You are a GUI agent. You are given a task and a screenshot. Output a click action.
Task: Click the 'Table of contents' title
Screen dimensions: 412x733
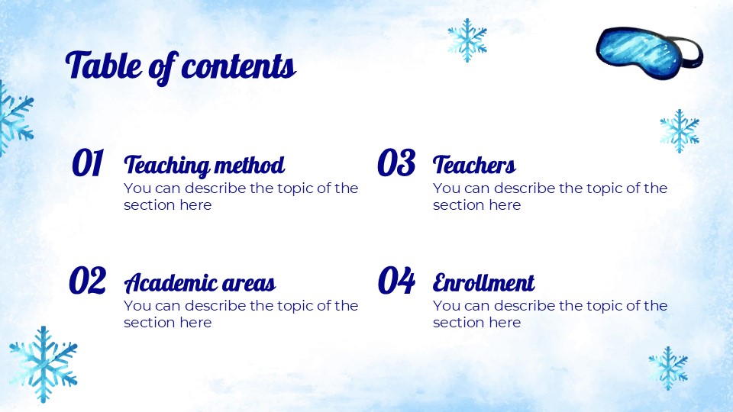[x=181, y=66]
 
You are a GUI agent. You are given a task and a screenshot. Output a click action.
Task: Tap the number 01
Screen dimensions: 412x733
[x=88, y=163]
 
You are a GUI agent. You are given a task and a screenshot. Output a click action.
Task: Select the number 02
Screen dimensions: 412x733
[x=88, y=282]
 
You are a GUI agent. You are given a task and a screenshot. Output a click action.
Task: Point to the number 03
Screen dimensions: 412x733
[x=396, y=163]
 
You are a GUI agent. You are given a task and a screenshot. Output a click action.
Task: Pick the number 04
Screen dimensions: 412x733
[x=396, y=282]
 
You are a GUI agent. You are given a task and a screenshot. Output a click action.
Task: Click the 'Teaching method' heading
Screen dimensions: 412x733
[x=204, y=165]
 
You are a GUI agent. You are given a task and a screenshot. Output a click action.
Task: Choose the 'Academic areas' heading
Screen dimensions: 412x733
[x=199, y=284]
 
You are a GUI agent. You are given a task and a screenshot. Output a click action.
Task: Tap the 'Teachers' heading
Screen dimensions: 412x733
[x=474, y=165]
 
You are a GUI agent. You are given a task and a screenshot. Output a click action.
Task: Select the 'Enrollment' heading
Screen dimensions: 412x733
[x=483, y=283]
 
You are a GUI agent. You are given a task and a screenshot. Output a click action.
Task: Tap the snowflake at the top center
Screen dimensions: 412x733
[x=467, y=39]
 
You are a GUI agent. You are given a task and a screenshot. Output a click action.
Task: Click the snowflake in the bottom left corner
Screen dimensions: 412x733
[x=44, y=363]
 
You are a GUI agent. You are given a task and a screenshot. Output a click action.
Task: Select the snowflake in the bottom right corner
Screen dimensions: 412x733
[x=668, y=368]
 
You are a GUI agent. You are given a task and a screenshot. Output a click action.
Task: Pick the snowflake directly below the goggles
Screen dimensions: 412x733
[x=679, y=130]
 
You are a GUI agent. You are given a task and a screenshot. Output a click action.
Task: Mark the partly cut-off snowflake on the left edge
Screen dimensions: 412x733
[x=14, y=118]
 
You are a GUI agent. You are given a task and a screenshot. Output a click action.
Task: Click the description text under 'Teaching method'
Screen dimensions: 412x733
[x=241, y=196]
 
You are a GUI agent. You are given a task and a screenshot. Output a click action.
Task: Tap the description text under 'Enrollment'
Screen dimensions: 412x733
[x=550, y=314]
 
